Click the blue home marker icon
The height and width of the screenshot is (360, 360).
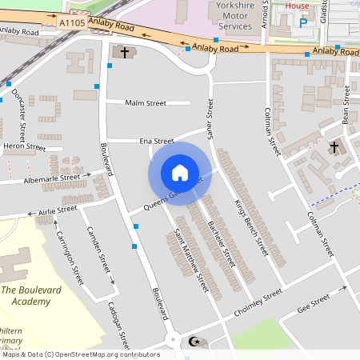coord(179,172)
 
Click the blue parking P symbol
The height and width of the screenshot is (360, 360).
coord(302,23)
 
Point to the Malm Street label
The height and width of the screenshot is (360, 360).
coord(145,102)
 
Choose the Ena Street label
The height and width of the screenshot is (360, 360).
coord(157,140)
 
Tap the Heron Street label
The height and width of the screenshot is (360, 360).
coord(24,146)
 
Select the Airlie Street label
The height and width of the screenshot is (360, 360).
coord(57,211)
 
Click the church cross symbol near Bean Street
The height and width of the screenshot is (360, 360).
coord(334,147)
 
